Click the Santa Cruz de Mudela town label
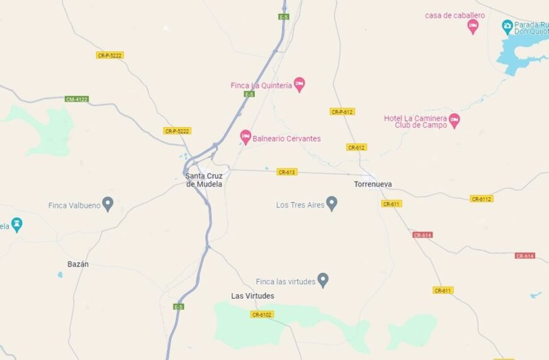204,179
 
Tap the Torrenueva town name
373,184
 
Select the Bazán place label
78,264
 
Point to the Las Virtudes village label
252,296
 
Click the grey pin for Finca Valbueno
108,204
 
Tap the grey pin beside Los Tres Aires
331,203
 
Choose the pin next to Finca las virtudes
323,280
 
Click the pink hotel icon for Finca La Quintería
300,85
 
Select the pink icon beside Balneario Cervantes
245,137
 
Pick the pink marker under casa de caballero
473,27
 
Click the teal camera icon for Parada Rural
507,26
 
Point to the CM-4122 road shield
77,99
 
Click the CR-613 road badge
286,172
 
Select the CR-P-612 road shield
342,112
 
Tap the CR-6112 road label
481,199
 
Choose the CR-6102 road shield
262,315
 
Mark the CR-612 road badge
356,147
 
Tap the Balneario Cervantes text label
287,139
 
